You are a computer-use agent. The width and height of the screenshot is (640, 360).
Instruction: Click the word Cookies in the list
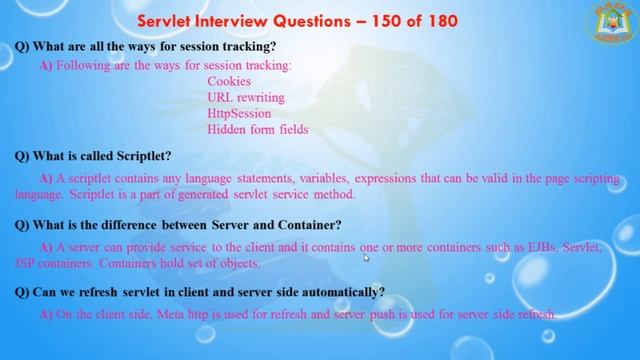(x=230, y=81)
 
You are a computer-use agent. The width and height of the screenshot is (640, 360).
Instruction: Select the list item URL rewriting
(x=246, y=97)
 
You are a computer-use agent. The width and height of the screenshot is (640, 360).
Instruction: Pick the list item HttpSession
(x=239, y=113)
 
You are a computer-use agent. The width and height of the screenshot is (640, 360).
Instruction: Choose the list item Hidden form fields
(x=257, y=129)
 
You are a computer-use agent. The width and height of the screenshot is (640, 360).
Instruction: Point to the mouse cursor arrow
(x=366, y=257)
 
